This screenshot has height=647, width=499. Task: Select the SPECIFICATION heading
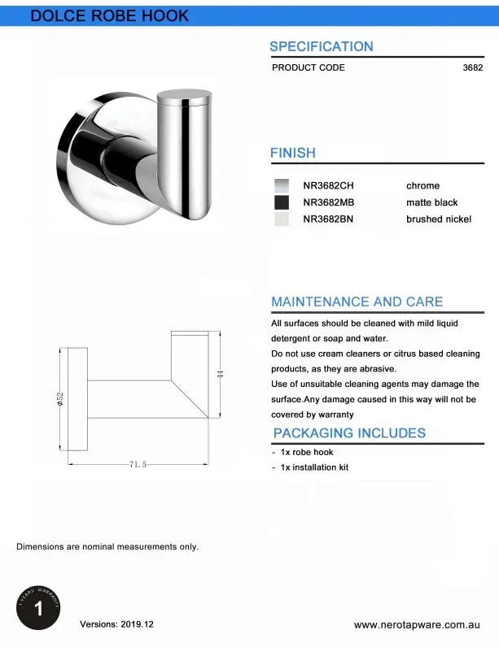[x=321, y=46]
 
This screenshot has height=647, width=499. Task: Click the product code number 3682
[x=472, y=67]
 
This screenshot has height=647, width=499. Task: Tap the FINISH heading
[x=293, y=153]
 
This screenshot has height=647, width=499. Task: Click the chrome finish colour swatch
[x=282, y=185]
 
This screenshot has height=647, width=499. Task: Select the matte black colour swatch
[x=282, y=202]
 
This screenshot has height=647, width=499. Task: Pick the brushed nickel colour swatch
[x=282, y=219]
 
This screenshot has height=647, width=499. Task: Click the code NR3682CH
[x=329, y=185]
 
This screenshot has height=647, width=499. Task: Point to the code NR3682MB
[x=329, y=202]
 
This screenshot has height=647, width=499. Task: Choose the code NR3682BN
[x=329, y=219]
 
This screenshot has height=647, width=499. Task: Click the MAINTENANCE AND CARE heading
[x=357, y=302]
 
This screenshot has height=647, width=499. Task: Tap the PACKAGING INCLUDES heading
[x=349, y=433]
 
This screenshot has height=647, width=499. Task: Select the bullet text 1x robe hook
[x=306, y=452]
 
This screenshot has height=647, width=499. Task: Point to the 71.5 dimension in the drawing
[x=138, y=464]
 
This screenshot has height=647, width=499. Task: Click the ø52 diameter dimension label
[x=60, y=399]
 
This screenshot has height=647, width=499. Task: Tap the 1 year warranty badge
[x=38, y=607]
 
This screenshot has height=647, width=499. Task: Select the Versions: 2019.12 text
[x=116, y=624]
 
